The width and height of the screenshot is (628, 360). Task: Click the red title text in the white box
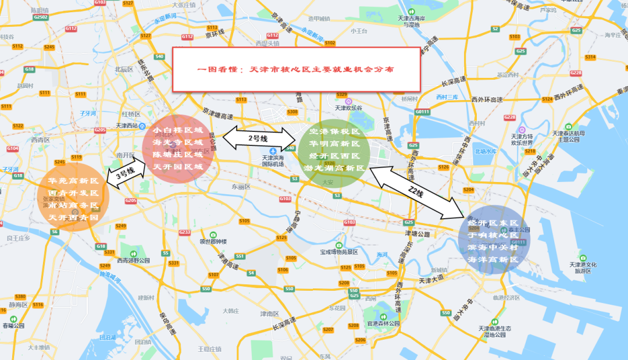(296, 69)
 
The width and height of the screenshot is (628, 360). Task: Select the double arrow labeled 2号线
(258, 138)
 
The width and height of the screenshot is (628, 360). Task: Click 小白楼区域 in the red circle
(178, 130)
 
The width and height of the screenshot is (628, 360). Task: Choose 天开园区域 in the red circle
(178, 167)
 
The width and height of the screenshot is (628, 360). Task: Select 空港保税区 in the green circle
(335, 131)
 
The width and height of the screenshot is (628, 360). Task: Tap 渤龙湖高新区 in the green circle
(335, 168)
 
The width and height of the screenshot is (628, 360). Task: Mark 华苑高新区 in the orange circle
(73, 181)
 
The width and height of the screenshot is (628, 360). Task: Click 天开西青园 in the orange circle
(73, 218)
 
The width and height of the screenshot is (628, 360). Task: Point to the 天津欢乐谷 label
(348, 108)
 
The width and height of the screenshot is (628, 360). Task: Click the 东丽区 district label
(240, 187)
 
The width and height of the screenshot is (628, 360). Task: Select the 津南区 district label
(269, 314)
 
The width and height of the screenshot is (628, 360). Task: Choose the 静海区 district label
(18, 305)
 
